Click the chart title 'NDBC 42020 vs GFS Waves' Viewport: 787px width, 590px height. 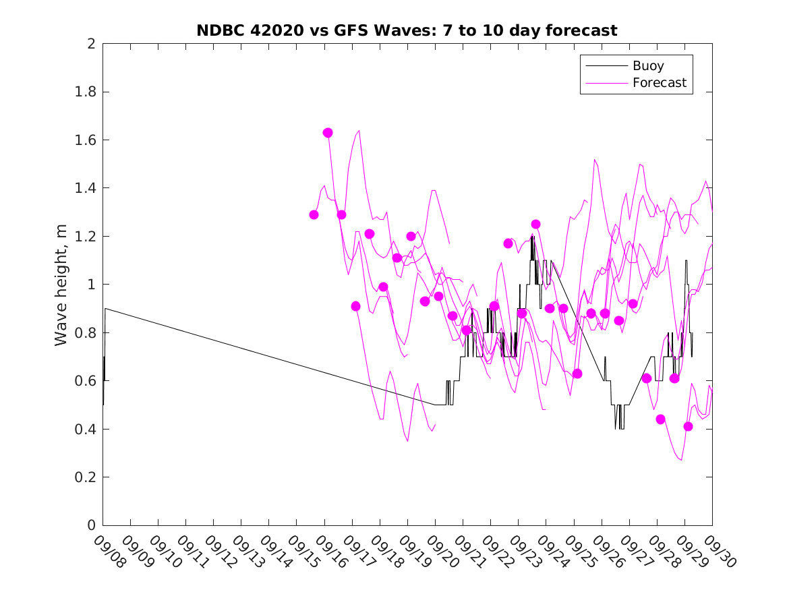[407, 30]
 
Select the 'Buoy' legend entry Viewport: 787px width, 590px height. [647, 66]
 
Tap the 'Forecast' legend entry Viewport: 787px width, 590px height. [659, 83]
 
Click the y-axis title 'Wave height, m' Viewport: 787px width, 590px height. [61, 285]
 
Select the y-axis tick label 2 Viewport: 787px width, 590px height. [90, 44]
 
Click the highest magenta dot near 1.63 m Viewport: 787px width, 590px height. [328, 133]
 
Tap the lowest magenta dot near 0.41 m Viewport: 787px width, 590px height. [688, 426]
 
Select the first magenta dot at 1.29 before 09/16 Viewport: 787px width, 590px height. [314, 214]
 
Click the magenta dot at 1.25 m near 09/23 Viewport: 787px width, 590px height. [535, 224]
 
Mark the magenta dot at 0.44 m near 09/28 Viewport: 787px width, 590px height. [660, 419]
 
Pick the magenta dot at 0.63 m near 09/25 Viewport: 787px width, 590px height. [577, 374]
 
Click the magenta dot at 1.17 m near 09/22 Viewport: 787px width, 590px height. [508, 243]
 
